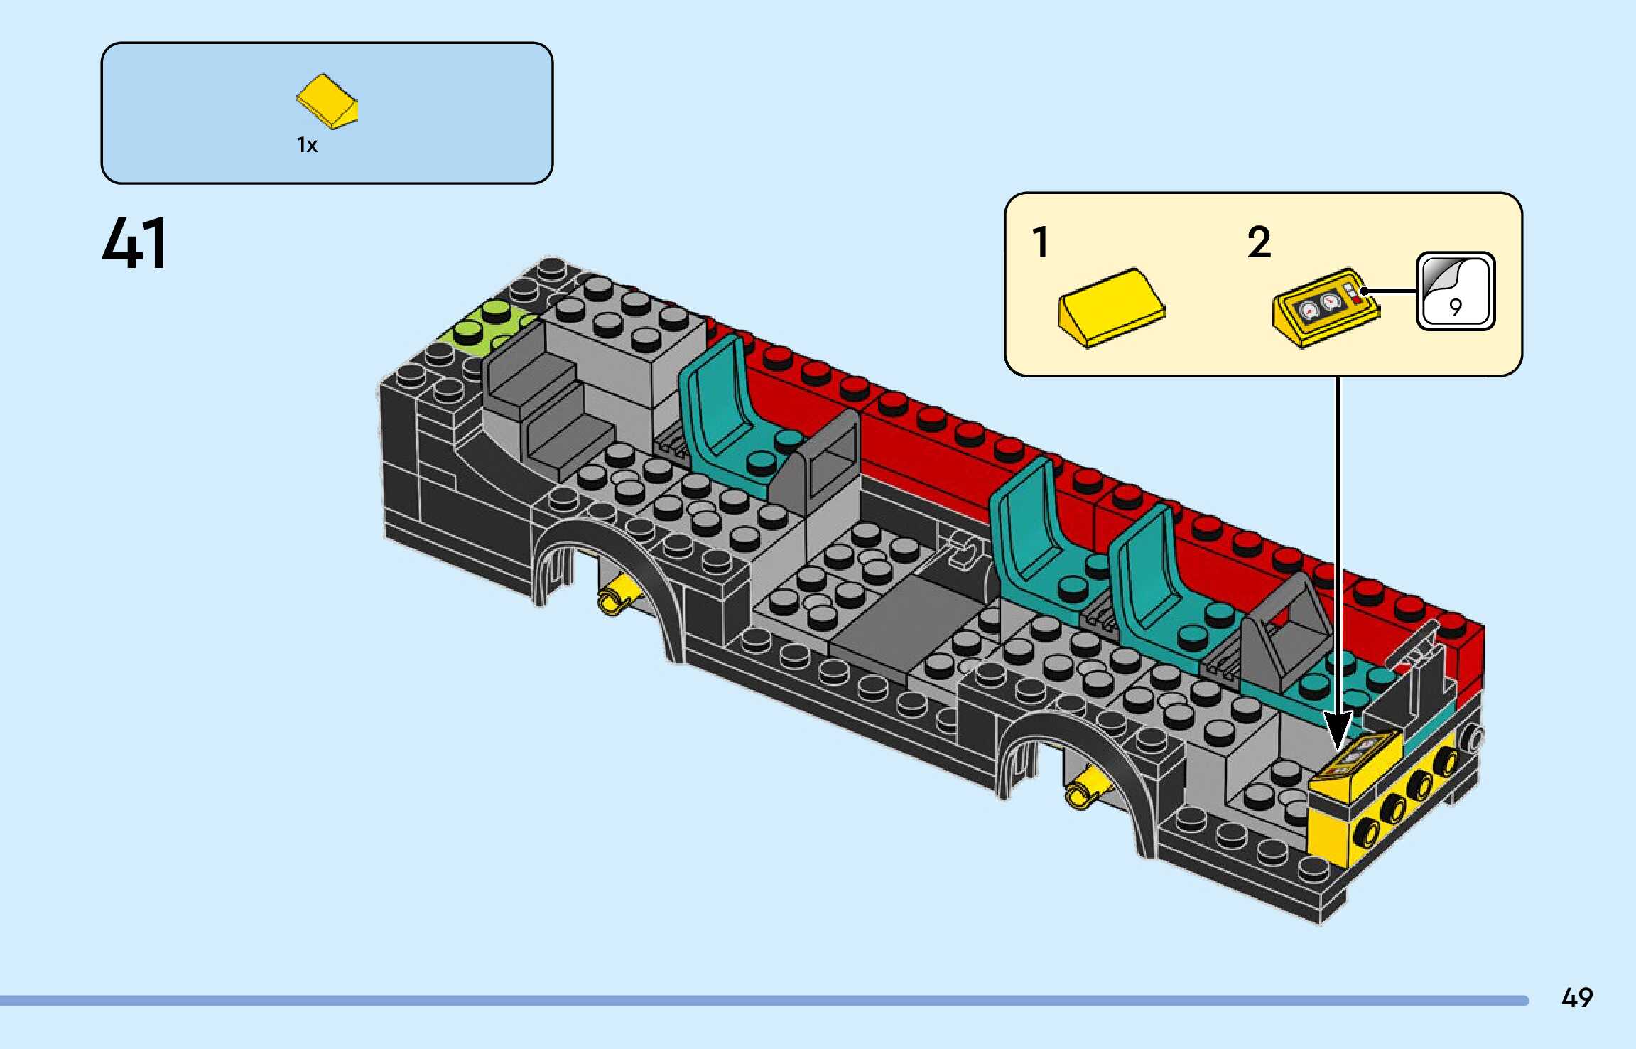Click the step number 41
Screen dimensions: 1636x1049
[135, 243]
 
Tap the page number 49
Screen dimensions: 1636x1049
[1576, 998]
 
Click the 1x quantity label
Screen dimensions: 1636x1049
[307, 145]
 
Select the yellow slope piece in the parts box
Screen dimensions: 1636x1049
[327, 101]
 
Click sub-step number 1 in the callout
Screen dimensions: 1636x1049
[1041, 242]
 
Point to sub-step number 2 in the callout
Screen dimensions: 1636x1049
[1259, 242]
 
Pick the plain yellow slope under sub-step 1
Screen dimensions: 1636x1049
[1112, 308]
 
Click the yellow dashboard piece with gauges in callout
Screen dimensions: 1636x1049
[1325, 308]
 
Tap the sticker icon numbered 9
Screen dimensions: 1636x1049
[1456, 291]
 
